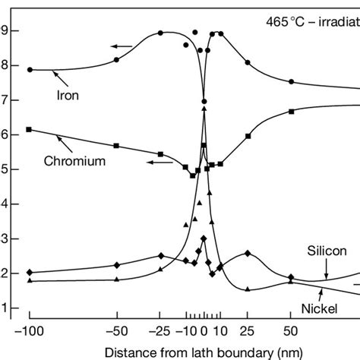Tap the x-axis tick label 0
pos(204,333)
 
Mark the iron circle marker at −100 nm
pos(30,69)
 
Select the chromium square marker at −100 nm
pos(30,130)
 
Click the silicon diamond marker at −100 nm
pos(30,272)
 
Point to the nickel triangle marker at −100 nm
pos(30,280)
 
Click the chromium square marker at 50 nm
pos(292,112)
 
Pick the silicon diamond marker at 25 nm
pos(248,253)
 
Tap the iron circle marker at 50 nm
pos(292,81)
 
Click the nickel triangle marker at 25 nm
pos(248,289)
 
